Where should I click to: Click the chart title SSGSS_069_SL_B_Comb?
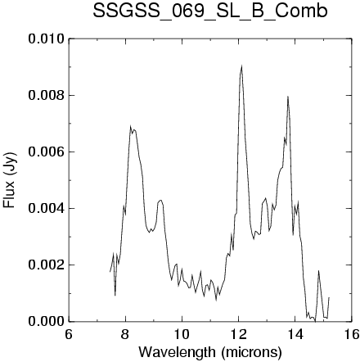[x=210, y=11]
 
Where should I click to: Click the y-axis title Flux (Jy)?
[x=10, y=179]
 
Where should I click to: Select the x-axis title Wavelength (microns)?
[x=210, y=352]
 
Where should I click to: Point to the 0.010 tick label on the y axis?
[x=47, y=38]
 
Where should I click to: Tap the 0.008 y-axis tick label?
[x=47, y=95]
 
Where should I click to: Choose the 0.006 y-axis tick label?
[x=47, y=152]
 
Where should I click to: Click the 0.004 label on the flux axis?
[x=47, y=208]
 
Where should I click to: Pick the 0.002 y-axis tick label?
[x=47, y=265]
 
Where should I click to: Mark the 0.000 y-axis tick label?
[x=47, y=321]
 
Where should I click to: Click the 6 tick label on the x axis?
[x=69, y=334]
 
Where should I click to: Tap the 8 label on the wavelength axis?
[x=125, y=334]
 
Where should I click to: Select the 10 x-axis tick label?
[x=182, y=334]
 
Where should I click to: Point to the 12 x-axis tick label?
[x=238, y=334]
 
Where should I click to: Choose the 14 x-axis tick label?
[x=295, y=334]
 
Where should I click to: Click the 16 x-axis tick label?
[x=352, y=334]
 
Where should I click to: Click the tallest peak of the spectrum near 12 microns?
[x=241, y=66]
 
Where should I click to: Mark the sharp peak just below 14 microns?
[x=288, y=97]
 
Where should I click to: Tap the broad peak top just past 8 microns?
[x=131, y=126]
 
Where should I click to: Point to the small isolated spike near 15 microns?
[x=318, y=271]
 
